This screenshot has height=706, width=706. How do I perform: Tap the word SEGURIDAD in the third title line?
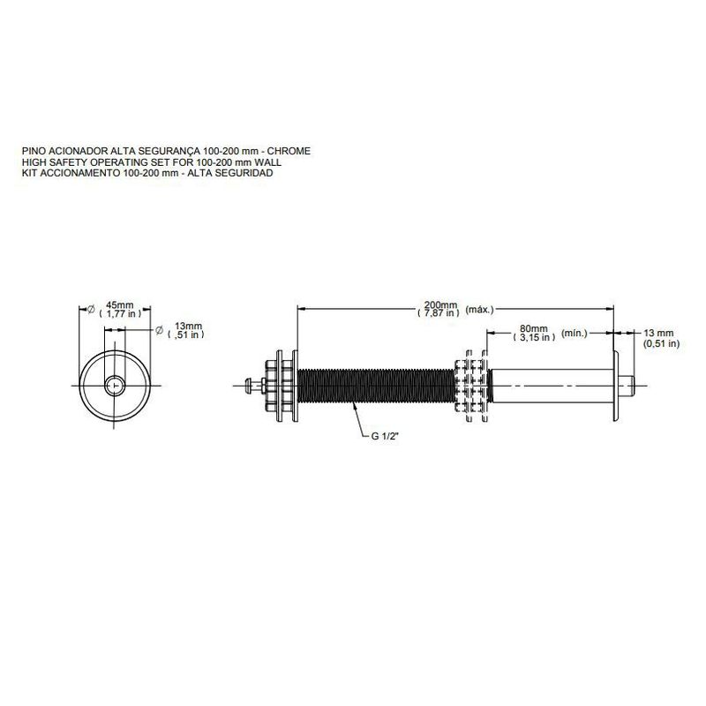(x=249, y=173)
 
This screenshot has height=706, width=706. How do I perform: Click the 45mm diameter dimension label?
(x=120, y=305)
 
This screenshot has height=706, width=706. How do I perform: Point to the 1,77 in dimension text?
(x=120, y=313)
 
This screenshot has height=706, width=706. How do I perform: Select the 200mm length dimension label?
(x=440, y=304)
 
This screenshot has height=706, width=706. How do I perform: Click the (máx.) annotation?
(x=479, y=310)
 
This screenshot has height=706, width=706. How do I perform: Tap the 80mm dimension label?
(x=534, y=328)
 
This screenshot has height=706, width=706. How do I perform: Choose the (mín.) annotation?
(x=575, y=334)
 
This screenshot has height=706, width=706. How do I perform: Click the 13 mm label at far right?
(x=658, y=334)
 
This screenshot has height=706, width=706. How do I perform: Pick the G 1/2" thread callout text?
(x=385, y=436)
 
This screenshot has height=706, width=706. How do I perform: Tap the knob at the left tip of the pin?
(x=249, y=386)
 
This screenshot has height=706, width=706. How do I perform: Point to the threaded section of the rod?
(x=376, y=386)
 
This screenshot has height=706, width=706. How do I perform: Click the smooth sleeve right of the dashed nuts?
(x=552, y=386)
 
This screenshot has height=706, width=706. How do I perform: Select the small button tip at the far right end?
(x=627, y=386)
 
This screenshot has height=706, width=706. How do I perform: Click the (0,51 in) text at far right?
(x=661, y=343)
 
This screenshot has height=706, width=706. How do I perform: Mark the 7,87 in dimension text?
(x=439, y=313)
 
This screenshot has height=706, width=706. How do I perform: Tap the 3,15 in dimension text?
(x=534, y=337)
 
